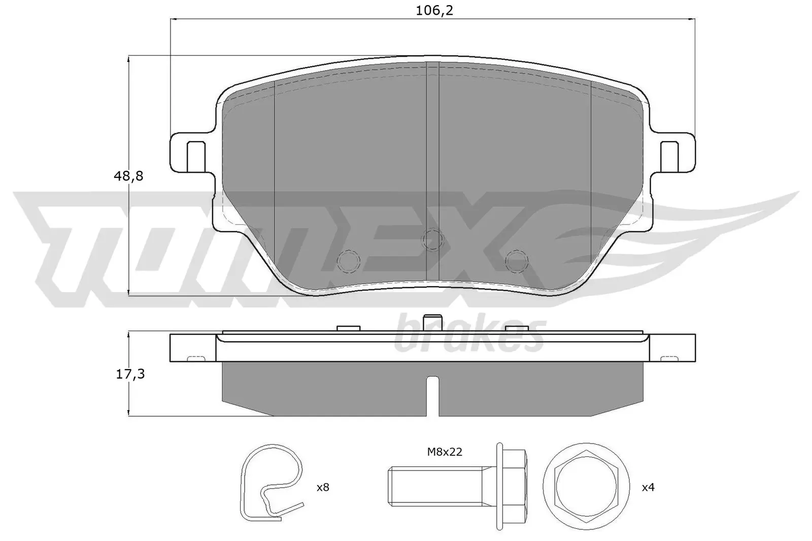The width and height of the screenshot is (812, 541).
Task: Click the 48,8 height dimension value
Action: tap(128, 176)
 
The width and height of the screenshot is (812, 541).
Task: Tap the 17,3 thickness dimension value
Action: tap(128, 374)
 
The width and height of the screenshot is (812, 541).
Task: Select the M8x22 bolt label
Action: tap(444, 452)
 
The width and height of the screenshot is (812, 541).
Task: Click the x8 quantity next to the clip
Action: tap(323, 488)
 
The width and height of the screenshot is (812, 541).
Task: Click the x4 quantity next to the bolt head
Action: tap(648, 488)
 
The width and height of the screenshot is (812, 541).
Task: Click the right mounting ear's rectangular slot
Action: tap(668, 156)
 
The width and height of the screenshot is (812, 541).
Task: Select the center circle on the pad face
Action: tap(432, 239)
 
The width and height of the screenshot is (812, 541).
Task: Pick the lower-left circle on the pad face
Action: tap(349, 260)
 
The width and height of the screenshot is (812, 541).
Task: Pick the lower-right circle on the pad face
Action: tap(517, 260)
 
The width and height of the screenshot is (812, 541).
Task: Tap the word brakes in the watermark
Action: tap(469, 335)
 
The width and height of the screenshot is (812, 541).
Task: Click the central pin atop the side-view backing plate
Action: tap(432, 323)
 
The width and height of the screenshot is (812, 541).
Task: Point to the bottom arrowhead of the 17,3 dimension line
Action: tap(129, 413)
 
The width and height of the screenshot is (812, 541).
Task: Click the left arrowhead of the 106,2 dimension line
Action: tap(173, 19)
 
